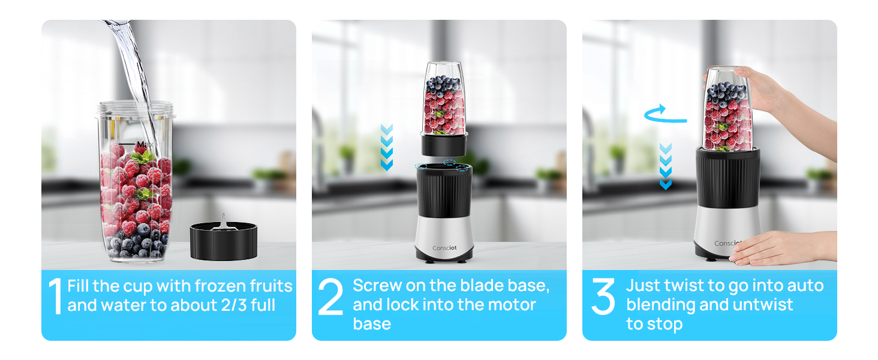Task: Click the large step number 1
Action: click(55, 295)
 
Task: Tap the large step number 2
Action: click(330, 296)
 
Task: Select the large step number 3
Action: click(603, 296)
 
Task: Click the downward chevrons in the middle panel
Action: click(387, 147)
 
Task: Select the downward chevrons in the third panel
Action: click(665, 166)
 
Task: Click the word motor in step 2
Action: click(510, 305)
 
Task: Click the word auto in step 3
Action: click(806, 286)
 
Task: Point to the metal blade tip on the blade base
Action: click(221, 220)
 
